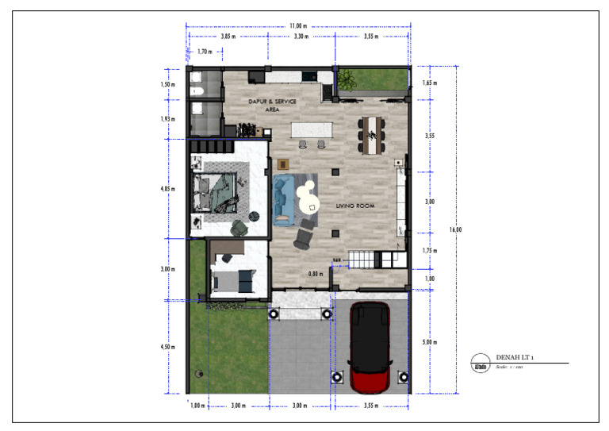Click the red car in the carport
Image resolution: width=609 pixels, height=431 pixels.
coord(370,348)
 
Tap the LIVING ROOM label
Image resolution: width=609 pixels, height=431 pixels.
coord(354,206)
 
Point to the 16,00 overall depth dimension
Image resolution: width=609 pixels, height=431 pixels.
coord(456,229)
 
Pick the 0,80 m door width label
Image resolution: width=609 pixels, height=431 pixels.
coord(316,274)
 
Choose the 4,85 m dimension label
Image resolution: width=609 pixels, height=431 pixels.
coord(167,190)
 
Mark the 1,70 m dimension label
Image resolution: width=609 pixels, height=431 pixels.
coord(204,52)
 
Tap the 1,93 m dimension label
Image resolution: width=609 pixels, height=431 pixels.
coord(167,119)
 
